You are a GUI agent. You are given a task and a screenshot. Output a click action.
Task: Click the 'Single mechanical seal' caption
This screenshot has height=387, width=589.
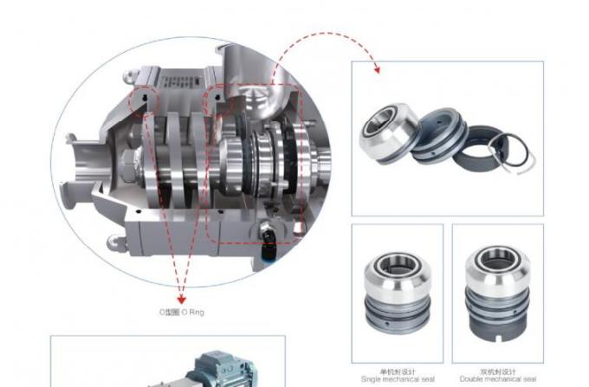click(x=397, y=378)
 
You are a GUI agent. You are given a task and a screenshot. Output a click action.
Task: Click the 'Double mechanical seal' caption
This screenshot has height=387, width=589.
click(x=498, y=378)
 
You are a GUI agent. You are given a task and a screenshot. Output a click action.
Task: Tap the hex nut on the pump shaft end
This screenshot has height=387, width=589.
click(x=126, y=162)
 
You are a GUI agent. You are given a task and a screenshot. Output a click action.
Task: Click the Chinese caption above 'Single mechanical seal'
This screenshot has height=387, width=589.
click(x=397, y=371)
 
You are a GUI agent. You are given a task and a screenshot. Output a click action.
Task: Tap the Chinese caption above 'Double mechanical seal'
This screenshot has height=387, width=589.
click(x=498, y=371)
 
